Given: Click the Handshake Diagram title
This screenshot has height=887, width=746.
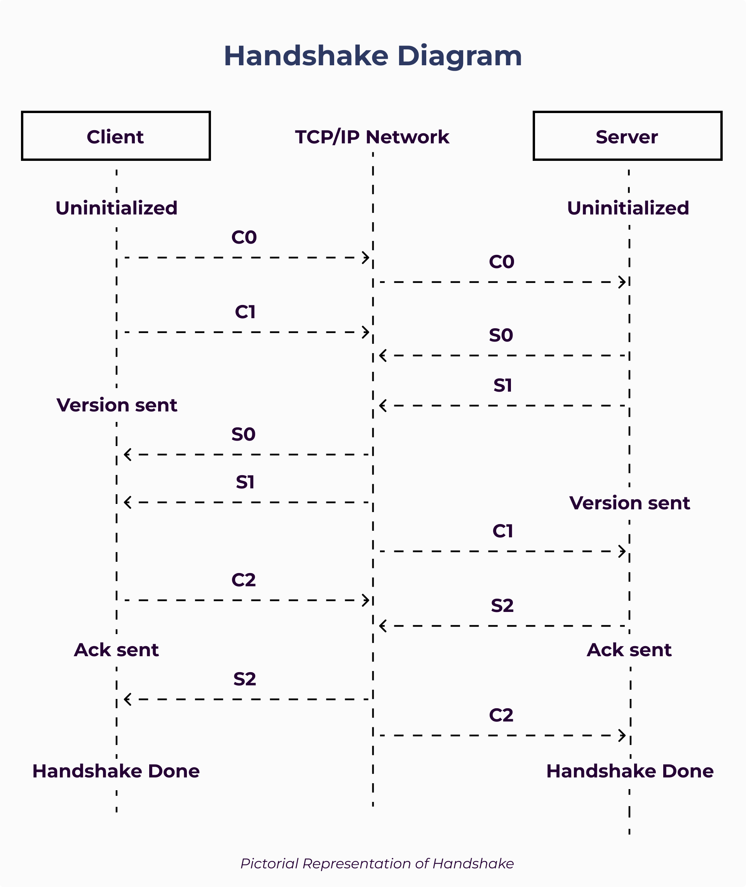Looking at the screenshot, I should point(373,56).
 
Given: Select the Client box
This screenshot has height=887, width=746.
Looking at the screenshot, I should point(116,136).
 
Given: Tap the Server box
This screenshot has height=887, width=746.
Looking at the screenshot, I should point(627,136).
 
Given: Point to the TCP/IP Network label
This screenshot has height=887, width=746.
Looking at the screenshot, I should point(372,137).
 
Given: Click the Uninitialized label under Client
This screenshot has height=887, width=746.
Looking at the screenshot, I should point(116,208).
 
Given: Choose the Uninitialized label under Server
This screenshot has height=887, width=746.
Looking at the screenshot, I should point(628,208).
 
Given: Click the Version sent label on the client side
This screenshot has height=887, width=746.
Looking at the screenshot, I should point(117,405).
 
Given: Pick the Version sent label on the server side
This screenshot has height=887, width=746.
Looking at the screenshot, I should point(629,503).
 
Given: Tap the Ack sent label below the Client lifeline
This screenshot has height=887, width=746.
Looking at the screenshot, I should point(116,650).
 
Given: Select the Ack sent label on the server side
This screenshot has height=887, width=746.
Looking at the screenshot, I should point(629,650).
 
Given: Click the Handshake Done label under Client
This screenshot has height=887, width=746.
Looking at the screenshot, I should point(116,771).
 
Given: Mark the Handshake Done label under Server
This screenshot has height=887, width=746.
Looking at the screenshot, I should point(630,771).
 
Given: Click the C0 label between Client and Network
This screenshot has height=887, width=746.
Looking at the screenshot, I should point(244,237).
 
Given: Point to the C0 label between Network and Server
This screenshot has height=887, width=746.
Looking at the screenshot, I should point(502,262).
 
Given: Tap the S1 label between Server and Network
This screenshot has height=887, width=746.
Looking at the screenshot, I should point(502,385).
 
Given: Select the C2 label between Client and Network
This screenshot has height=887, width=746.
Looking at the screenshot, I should point(244,580).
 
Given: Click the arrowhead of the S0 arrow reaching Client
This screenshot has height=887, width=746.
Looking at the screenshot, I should point(127,455).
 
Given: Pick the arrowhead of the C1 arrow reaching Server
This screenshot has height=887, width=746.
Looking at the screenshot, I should point(622,551).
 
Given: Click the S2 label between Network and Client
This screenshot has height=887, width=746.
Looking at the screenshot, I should point(244,679).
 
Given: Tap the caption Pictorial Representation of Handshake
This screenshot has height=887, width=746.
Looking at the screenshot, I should point(377,863).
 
